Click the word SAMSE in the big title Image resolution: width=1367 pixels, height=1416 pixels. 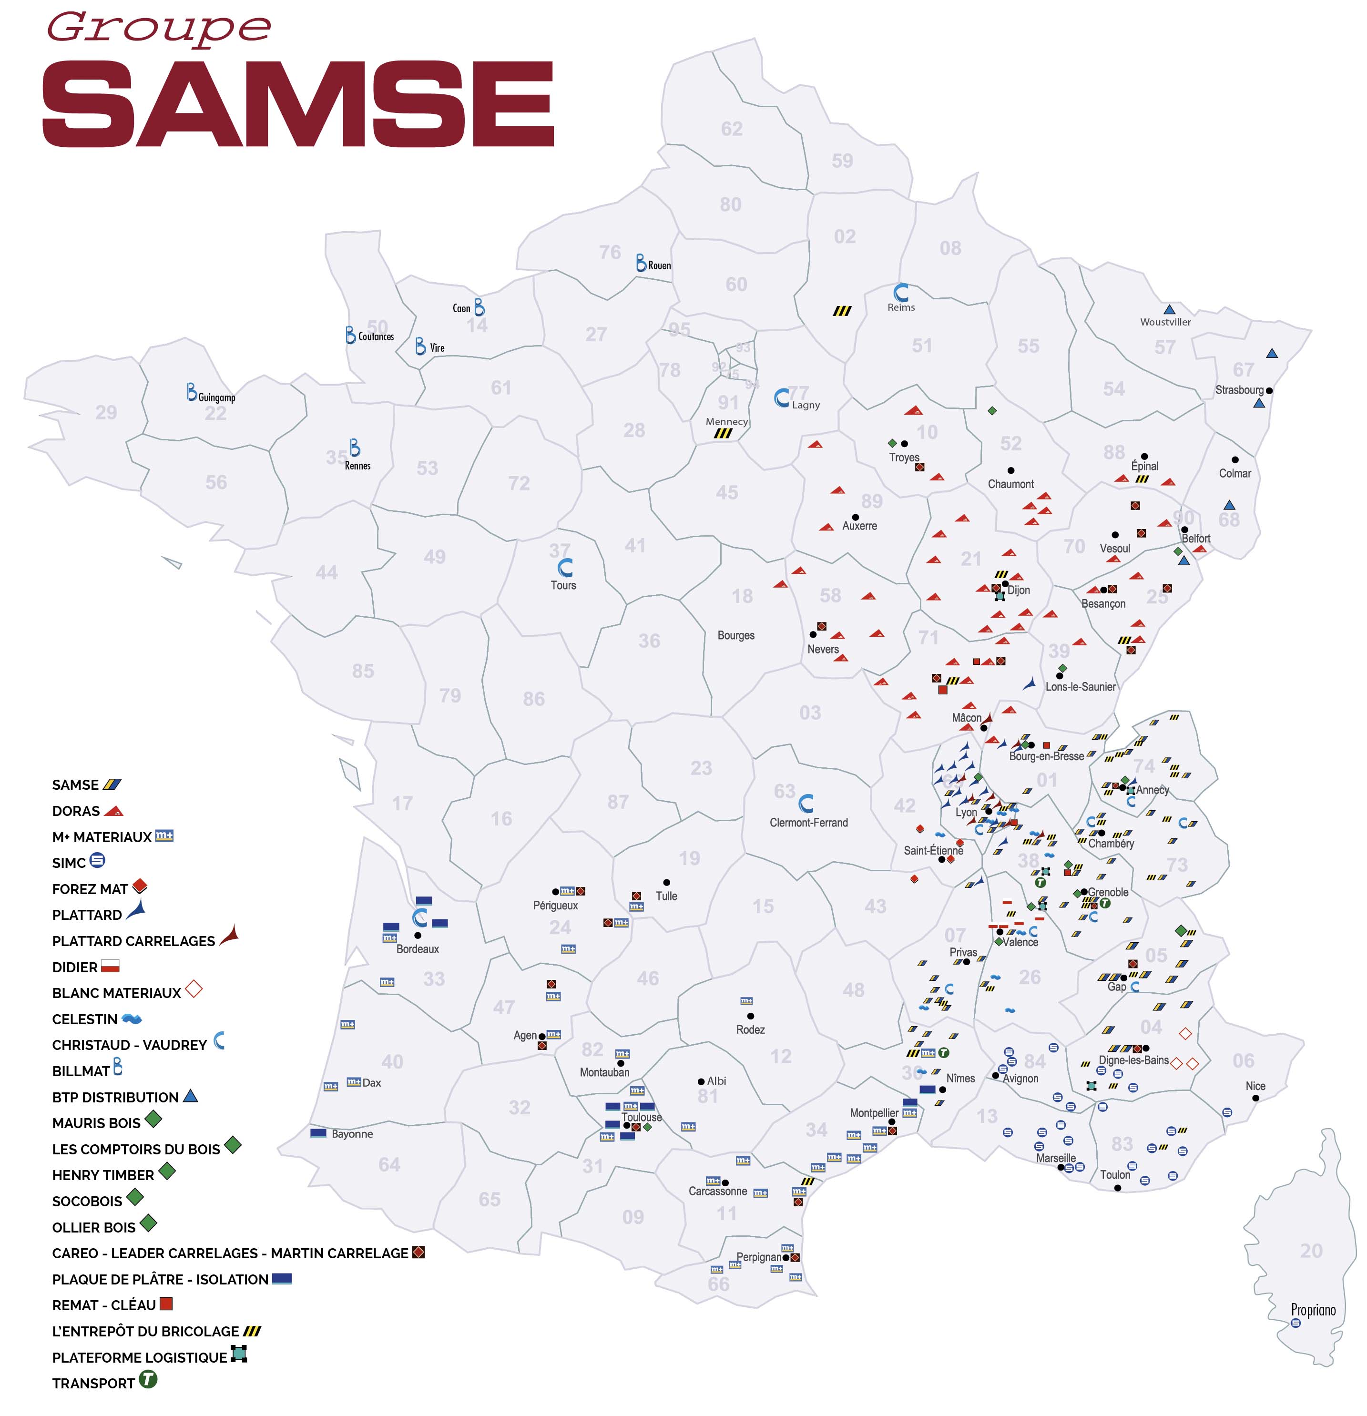click(x=298, y=105)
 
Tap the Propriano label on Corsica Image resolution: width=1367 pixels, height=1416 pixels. click(x=1312, y=1310)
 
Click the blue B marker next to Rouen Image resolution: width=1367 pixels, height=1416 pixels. click(x=640, y=263)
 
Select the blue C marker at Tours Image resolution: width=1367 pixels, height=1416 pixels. click(x=565, y=567)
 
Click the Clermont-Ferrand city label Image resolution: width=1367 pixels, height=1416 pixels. click(x=808, y=822)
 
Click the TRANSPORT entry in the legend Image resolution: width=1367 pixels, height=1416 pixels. click(x=93, y=1383)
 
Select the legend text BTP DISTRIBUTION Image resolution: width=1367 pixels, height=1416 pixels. click(x=115, y=1097)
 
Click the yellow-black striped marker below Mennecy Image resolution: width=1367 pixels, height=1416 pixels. click(x=723, y=433)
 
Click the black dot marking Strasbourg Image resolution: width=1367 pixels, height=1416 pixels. click(x=1269, y=390)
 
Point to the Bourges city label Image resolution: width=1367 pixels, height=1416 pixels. click(x=735, y=635)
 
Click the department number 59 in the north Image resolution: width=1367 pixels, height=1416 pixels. click(x=842, y=161)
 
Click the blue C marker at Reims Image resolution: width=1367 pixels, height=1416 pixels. click(x=900, y=293)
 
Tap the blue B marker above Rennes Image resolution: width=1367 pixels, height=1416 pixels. click(x=354, y=447)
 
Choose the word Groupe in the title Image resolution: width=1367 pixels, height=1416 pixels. click(x=159, y=29)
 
